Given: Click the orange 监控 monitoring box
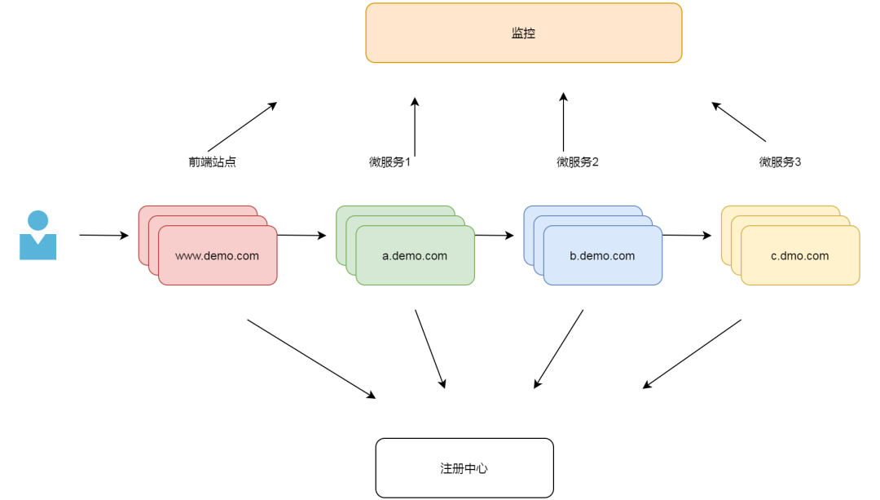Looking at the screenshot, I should click(x=523, y=33).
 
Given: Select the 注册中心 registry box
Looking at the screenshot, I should click(x=464, y=468).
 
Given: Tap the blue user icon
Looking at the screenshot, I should click(x=37, y=236).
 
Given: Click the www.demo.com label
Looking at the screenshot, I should click(x=217, y=255).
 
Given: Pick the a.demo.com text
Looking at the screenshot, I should click(x=415, y=255).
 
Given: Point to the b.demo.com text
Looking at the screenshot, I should click(x=602, y=255).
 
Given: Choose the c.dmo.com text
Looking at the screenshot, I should click(x=799, y=255).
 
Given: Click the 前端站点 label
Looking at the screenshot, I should click(x=212, y=162).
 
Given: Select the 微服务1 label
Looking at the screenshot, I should click(x=390, y=162).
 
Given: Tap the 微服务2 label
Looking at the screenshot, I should click(x=578, y=162).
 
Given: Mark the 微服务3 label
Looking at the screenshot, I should click(x=780, y=162).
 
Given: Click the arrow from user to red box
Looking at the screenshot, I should click(x=103, y=236).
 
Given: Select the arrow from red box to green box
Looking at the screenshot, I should click(x=301, y=236).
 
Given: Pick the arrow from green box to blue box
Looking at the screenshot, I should click(x=494, y=236).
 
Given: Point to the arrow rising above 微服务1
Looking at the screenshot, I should click(x=415, y=126).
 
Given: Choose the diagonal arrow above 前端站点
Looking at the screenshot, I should click(x=242, y=126).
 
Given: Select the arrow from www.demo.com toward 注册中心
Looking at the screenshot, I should click(x=311, y=359).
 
